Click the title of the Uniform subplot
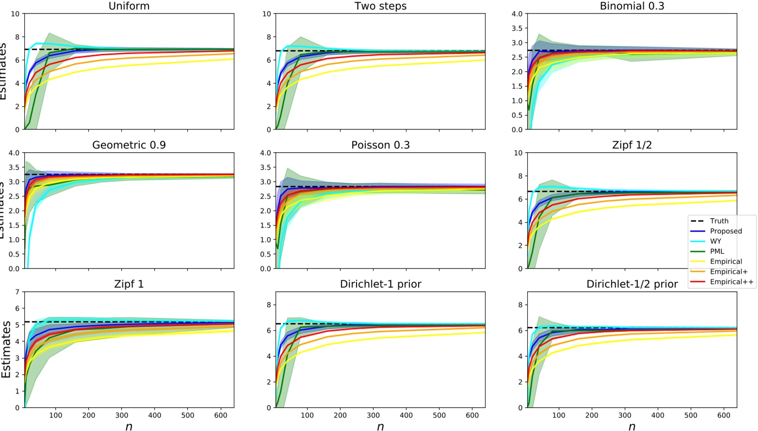tap(129, 6)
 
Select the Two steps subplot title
tap(380, 6)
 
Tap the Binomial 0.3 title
tap(631, 6)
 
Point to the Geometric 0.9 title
tap(129, 145)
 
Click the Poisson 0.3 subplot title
tap(380, 145)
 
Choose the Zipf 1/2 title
tap(631, 145)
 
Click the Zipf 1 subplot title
tap(129, 284)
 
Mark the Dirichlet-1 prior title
tap(380, 284)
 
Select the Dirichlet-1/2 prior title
tap(631, 284)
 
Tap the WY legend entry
tap(715, 241)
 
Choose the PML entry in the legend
tap(717, 252)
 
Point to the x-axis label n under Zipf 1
tap(129, 426)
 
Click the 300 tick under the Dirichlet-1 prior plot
tap(373, 415)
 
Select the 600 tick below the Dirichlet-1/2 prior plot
tap(724, 415)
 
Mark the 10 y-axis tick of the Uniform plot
tap(15, 14)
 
